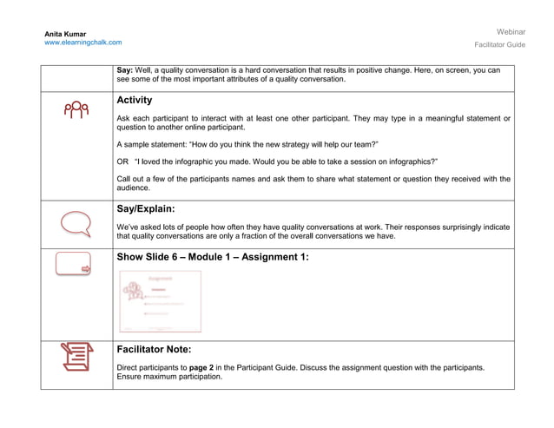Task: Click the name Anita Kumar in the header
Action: click(x=65, y=34)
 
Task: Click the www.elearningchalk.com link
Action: click(x=83, y=43)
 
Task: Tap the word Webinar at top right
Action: click(x=511, y=31)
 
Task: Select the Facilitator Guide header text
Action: click(x=499, y=44)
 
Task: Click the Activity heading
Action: click(x=134, y=100)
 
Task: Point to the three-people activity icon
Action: click(x=76, y=109)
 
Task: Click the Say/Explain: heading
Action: click(x=145, y=209)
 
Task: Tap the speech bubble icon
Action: click(x=76, y=223)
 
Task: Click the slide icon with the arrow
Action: click(x=73, y=264)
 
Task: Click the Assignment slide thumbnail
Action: click(x=160, y=301)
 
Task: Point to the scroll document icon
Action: click(x=76, y=357)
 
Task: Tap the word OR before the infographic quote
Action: click(x=122, y=161)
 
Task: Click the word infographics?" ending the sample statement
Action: click(x=408, y=161)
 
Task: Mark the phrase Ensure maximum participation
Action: click(x=169, y=377)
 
